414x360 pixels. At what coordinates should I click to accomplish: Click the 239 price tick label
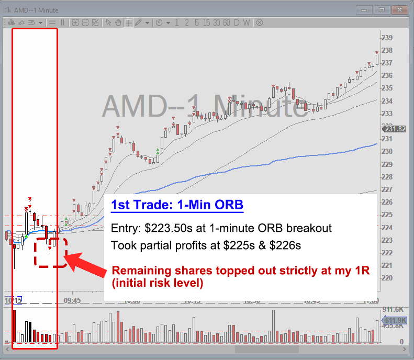(387, 38)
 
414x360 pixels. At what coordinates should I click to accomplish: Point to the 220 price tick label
(387, 278)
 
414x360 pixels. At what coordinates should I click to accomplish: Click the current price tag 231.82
(395, 129)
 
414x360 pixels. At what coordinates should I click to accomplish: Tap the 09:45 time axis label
(72, 301)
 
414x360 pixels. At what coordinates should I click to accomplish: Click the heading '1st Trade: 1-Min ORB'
(177, 205)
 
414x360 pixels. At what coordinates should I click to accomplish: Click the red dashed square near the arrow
(51, 253)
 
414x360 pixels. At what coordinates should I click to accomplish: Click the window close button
(400, 9)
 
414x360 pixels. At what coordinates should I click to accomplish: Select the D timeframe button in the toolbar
(237, 22)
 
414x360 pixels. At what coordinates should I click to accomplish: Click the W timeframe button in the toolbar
(246, 22)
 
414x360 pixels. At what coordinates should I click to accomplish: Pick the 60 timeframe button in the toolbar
(226, 22)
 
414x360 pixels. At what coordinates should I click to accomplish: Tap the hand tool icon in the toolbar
(118, 22)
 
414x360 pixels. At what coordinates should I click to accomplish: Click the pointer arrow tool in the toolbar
(108, 22)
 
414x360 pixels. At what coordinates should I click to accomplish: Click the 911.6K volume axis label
(393, 309)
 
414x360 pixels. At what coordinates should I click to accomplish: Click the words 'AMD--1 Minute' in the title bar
(37, 10)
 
